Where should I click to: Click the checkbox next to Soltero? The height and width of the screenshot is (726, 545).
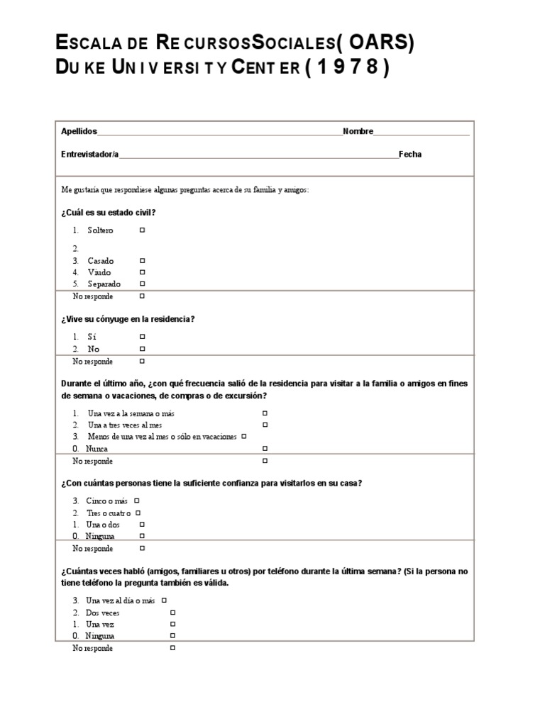tap(142, 230)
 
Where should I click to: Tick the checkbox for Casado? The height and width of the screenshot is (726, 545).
tap(142, 261)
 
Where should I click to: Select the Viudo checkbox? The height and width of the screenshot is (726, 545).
tap(142, 272)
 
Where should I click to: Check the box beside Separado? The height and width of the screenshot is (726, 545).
tap(142, 284)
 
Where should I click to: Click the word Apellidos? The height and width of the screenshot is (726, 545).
tap(79, 132)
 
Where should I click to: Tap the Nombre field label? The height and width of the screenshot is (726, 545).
tap(358, 132)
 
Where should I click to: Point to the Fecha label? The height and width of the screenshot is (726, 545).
tap(410, 155)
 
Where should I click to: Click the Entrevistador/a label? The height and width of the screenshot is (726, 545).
tap(90, 155)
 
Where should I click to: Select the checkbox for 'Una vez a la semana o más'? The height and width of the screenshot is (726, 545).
tap(265, 413)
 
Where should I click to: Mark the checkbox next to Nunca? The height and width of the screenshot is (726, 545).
tap(265, 449)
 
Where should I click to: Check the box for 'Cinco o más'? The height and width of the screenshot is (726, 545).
tap(136, 501)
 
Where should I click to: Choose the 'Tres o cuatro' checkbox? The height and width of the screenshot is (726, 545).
tap(138, 513)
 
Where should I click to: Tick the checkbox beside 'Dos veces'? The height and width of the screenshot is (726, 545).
tap(172, 613)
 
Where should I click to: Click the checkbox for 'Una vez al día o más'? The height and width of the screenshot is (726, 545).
tap(163, 601)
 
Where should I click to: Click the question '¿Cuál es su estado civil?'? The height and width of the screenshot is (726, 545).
tap(109, 213)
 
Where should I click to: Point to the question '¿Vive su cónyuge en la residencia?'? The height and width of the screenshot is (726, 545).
tap(128, 319)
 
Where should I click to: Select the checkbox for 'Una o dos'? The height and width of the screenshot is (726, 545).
tap(142, 525)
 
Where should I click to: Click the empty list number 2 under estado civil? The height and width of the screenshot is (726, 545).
tap(75, 249)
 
